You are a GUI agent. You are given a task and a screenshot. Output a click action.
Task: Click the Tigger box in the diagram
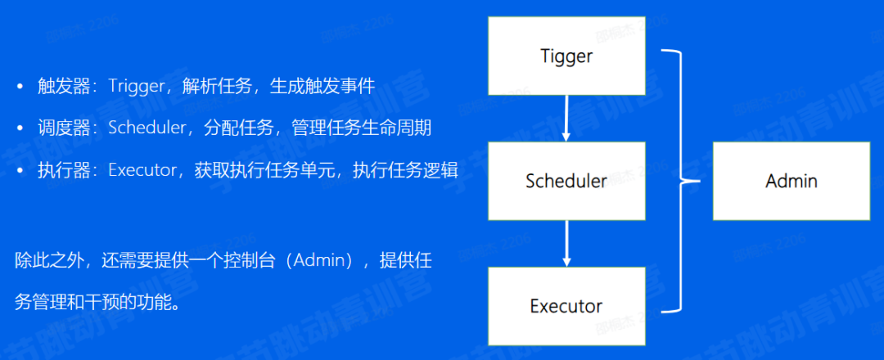[566, 56]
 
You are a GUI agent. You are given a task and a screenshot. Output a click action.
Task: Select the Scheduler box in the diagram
[566, 181]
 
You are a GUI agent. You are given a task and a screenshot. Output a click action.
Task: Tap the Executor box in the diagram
[566, 306]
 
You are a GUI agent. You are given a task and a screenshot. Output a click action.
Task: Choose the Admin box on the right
[791, 181]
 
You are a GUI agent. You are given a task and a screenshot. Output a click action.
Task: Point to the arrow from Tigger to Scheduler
[566, 118]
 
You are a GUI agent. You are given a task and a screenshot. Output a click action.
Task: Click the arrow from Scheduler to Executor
[566, 243]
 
